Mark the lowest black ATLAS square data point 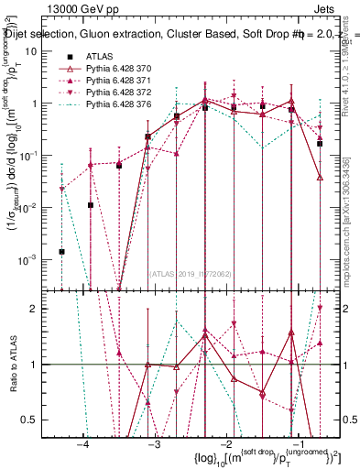click(x=62, y=251)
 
